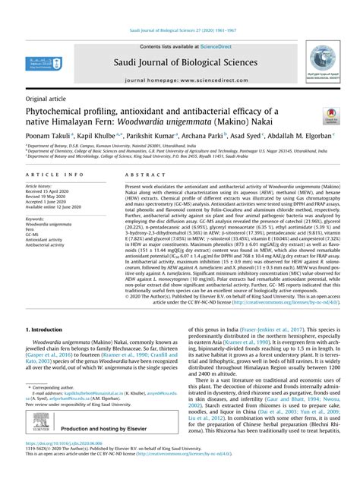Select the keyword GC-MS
tap(33, 235)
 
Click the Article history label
tap(39, 185)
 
